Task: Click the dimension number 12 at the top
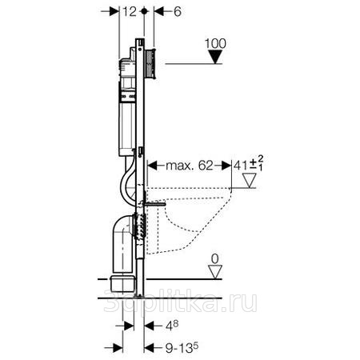pyautogui.click(x=130, y=12)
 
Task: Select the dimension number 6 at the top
pyautogui.click(x=178, y=12)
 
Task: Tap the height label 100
pyautogui.click(x=215, y=44)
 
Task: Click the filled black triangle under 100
pyautogui.click(x=215, y=57)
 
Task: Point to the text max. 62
pyautogui.click(x=190, y=166)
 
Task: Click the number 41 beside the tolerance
pyautogui.click(x=242, y=166)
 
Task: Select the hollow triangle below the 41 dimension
pyautogui.click(x=250, y=181)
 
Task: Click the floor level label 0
pyautogui.click(x=214, y=259)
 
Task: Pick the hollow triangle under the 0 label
pyautogui.click(x=215, y=272)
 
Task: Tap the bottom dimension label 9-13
pyautogui.click(x=179, y=348)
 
